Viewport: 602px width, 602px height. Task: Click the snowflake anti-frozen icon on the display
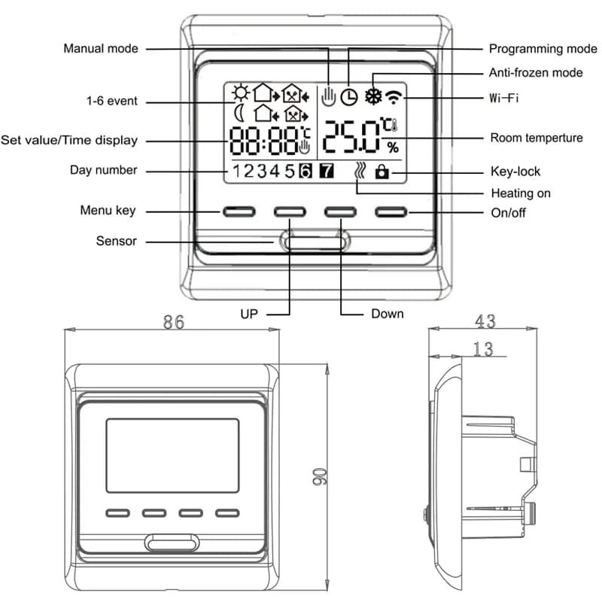click(372, 96)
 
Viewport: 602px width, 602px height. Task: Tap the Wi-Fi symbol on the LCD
click(392, 96)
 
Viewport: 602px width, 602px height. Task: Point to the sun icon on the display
click(240, 93)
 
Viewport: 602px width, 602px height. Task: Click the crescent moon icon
click(239, 114)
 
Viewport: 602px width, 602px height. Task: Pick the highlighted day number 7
click(327, 171)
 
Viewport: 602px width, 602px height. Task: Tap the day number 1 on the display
click(237, 171)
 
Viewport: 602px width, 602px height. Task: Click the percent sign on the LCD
click(393, 147)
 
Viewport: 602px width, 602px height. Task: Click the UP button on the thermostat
click(290, 211)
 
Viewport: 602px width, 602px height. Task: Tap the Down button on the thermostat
click(340, 211)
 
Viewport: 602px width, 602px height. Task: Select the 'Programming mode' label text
click(543, 49)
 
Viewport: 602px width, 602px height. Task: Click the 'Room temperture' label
click(537, 138)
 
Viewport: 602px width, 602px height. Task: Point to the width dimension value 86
click(174, 322)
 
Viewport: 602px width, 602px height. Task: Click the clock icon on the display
click(349, 96)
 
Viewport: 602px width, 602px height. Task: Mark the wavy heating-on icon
click(359, 172)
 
